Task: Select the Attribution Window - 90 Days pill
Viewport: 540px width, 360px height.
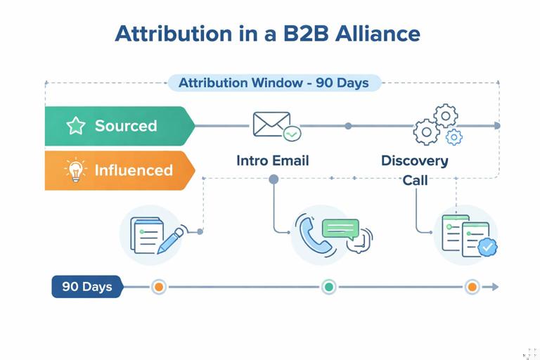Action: click(x=274, y=83)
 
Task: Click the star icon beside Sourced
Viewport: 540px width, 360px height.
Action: click(x=75, y=126)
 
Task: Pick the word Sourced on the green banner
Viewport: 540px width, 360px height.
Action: click(x=126, y=126)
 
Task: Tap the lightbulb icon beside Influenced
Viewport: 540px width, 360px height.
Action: click(x=75, y=170)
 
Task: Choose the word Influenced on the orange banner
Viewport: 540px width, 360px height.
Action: click(x=134, y=170)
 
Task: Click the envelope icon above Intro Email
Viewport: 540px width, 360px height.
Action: click(x=272, y=124)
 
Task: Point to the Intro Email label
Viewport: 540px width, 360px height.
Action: click(x=273, y=160)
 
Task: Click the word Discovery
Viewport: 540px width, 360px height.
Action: click(x=415, y=160)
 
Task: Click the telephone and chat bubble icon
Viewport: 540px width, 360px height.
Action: click(x=333, y=235)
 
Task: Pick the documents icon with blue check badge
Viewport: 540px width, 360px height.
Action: click(x=466, y=235)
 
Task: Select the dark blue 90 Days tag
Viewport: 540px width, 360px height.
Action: click(x=86, y=287)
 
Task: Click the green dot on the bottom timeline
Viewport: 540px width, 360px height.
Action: click(x=328, y=287)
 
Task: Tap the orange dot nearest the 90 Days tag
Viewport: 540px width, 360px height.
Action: click(x=159, y=287)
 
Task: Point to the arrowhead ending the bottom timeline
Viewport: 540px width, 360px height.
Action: click(x=495, y=287)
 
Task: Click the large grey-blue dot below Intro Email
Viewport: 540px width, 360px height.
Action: click(x=274, y=179)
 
